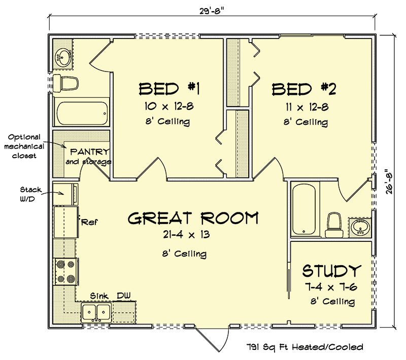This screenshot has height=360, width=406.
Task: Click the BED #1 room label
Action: pyautogui.click(x=170, y=89)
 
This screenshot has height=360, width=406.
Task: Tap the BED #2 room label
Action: pyautogui.click(x=304, y=89)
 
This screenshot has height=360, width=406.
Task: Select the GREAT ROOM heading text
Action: pyautogui.click(x=193, y=218)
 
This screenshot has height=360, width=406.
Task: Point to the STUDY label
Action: pyautogui.click(x=332, y=271)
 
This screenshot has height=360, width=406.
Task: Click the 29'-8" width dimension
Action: pyautogui.click(x=212, y=11)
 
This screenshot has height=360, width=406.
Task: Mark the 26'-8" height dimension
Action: pyautogui.click(x=389, y=182)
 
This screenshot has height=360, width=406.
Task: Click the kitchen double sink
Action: pyautogui.click(x=96, y=312)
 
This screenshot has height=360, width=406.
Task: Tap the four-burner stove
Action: pyautogui.click(x=65, y=272)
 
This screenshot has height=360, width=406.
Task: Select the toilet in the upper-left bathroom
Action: pyautogui.click(x=65, y=83)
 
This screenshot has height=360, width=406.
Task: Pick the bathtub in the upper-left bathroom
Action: pyautogui.click(x=82, y=113)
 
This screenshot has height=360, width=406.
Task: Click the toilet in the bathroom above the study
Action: pyautogui.click(x=334, y=225)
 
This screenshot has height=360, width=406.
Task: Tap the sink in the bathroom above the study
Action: pyautogui.click(x=360, y=228)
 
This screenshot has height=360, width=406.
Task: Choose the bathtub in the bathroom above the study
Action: pyautogui.click(x=304, y=209)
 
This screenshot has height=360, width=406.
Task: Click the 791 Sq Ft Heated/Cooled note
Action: pyautogui.click(x=305, y=347)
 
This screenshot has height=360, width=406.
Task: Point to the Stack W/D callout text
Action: pyautogui.click(x=31, y=194)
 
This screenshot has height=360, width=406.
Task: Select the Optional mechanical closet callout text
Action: pyautogui.click(x=24, y=147)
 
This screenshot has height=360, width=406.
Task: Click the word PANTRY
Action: pyautogui.click(x=90, y=151)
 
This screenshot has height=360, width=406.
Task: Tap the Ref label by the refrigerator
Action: pyautogui.click(x=89, y=222)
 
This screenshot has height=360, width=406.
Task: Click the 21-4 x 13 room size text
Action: pyautogui.click(x=186, y=235)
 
